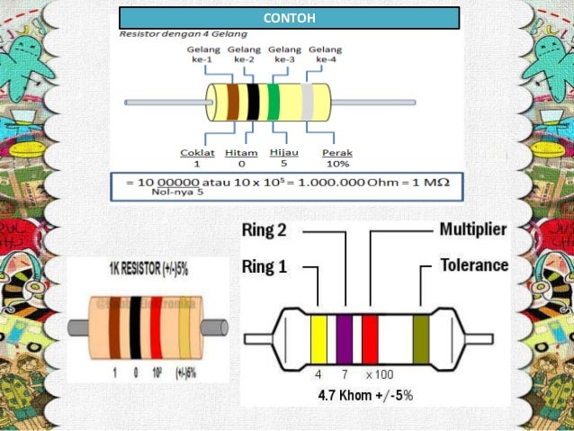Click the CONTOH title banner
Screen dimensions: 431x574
click(289, 18)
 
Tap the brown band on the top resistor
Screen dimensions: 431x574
click(233, 102)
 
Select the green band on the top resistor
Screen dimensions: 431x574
click(274, 102)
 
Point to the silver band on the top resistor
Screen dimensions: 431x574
click(307, 102)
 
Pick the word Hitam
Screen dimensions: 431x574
click(241, 153)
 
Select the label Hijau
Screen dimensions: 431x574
click(284, 153)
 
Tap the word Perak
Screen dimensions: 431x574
click(337, 153)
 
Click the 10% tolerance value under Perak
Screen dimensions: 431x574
click(337, 165)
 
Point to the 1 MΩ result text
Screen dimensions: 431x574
click(431, 183)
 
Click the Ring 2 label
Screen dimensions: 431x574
click(265, 230)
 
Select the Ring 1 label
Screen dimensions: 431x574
click(265, 266)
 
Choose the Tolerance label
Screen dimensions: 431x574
click(473, 265)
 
